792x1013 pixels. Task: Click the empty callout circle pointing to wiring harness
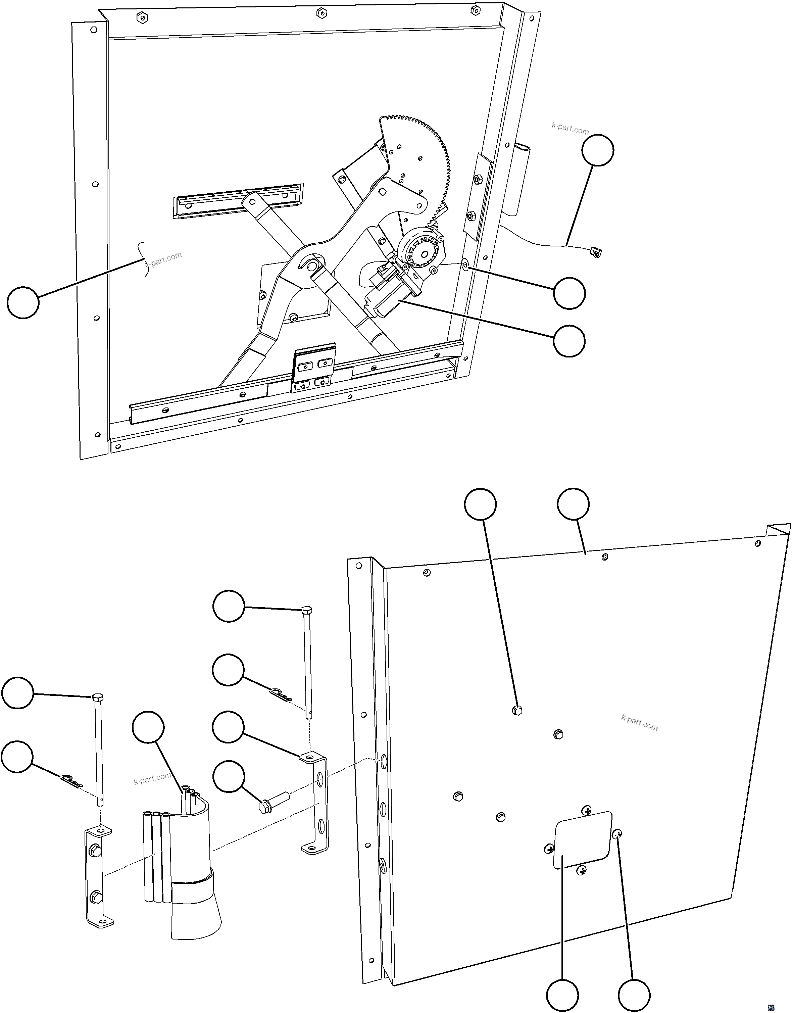[598, 150]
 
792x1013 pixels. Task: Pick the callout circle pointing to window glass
[23, 302]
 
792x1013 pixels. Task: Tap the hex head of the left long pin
[98, 697]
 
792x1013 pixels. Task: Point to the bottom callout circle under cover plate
[562, 995]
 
